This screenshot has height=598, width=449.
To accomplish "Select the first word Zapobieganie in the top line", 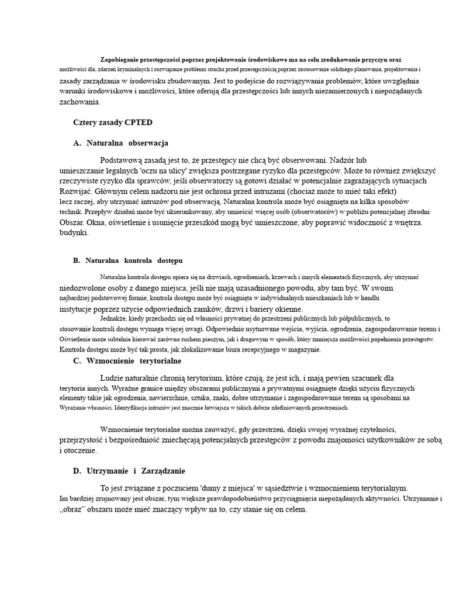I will point(120,60).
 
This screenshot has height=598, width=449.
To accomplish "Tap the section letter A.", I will point(77,142).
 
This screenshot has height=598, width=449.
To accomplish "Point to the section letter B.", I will point(77,260).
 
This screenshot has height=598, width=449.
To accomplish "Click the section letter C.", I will point(77,361).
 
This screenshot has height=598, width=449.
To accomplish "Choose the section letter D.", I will point(77,471).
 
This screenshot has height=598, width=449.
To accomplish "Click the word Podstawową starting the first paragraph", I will point(123,159).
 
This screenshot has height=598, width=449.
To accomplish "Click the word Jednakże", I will point(114,318).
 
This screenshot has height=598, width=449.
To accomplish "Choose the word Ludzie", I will point(112,378).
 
